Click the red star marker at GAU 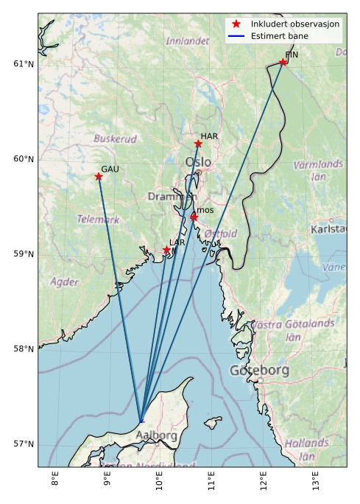pyautogui.click(x=99, y=177)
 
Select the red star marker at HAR pyautogui.click(x=198, y=144)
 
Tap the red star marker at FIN pyautogui.click(x=283, y=62)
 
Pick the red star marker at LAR pyautogui.click(x=167, y=251)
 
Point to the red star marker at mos pyautogui.click(x=194, y=217)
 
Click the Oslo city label pyautogui.click(x=198, y=161)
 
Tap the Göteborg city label pyautogui.click(x=259, y=370)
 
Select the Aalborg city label pyautogui.click(x=157, y=435)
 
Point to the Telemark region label pyautogui.click(x=98, y=220)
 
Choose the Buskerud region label pyautogui.click(x=115, y=139)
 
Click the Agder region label pyautogui.click(x=64, y=281)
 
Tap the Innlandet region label pyautogui.click(x=188, y=41)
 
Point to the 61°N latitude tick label pyautogui.click(x=24, y=64)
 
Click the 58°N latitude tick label pyautogui.click(x=24, y=349)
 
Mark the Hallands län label pyautogui.click(x=306, y=449)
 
